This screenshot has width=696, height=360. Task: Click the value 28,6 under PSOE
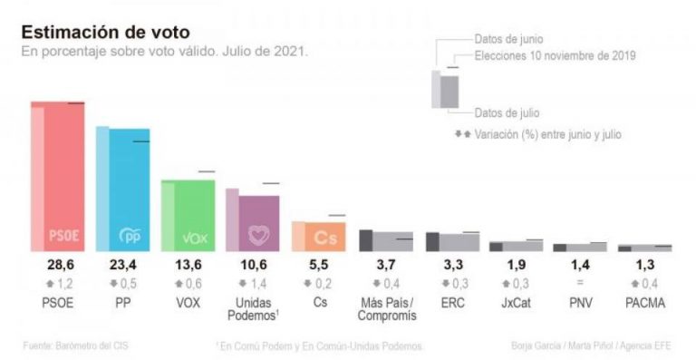click(x=60, y=266)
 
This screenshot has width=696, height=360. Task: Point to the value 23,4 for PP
click(x=126, y=266)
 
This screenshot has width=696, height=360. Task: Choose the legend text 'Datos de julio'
click(x=507, y=113)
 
